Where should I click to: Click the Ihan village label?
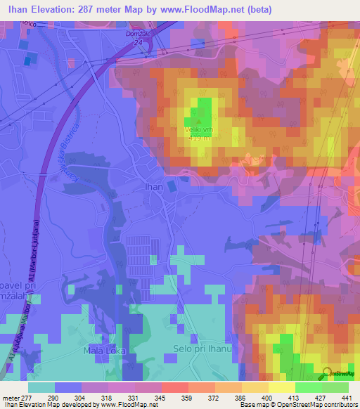tap(154, 187)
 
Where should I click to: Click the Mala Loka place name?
tap(105, 349)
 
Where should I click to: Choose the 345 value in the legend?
tap(167, 397)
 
